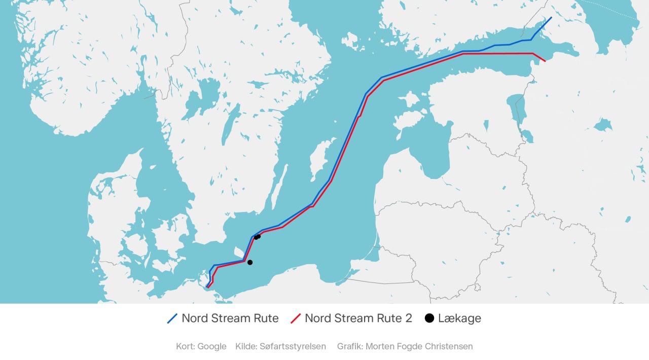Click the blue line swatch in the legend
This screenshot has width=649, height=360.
(172, 318)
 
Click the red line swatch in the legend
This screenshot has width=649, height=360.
(296, 318)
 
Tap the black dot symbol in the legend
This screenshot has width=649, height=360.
(429, 318)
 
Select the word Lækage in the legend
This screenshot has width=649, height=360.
(459, 318)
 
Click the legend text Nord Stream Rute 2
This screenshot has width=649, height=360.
(358, 318)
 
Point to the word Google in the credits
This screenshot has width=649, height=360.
(211, 346)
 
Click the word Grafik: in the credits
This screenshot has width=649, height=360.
(349, 346)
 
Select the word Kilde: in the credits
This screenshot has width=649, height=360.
(246, 346)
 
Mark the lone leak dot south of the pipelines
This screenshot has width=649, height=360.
(249, 262)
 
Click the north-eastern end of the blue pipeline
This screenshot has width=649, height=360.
(551, 17)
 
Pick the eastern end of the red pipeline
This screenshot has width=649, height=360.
(545, 61)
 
